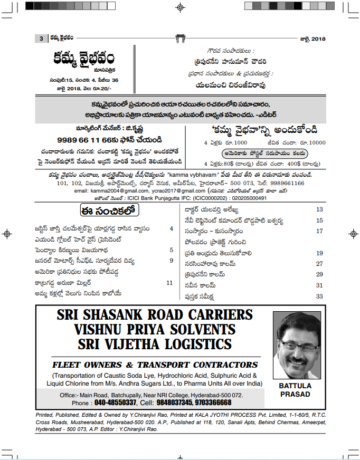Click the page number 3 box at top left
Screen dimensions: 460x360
41,39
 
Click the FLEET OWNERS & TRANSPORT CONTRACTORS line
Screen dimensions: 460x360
155,365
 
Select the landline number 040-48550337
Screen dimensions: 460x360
115,402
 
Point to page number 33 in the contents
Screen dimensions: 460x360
319,296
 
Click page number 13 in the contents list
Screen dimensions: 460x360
319,209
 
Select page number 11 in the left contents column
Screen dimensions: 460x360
169,283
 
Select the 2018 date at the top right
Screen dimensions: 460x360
318,39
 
